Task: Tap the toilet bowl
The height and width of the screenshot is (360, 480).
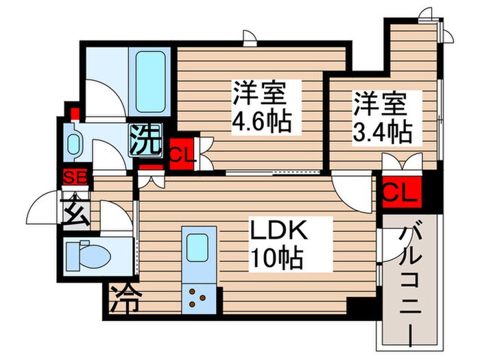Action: [x=88, y=256]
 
